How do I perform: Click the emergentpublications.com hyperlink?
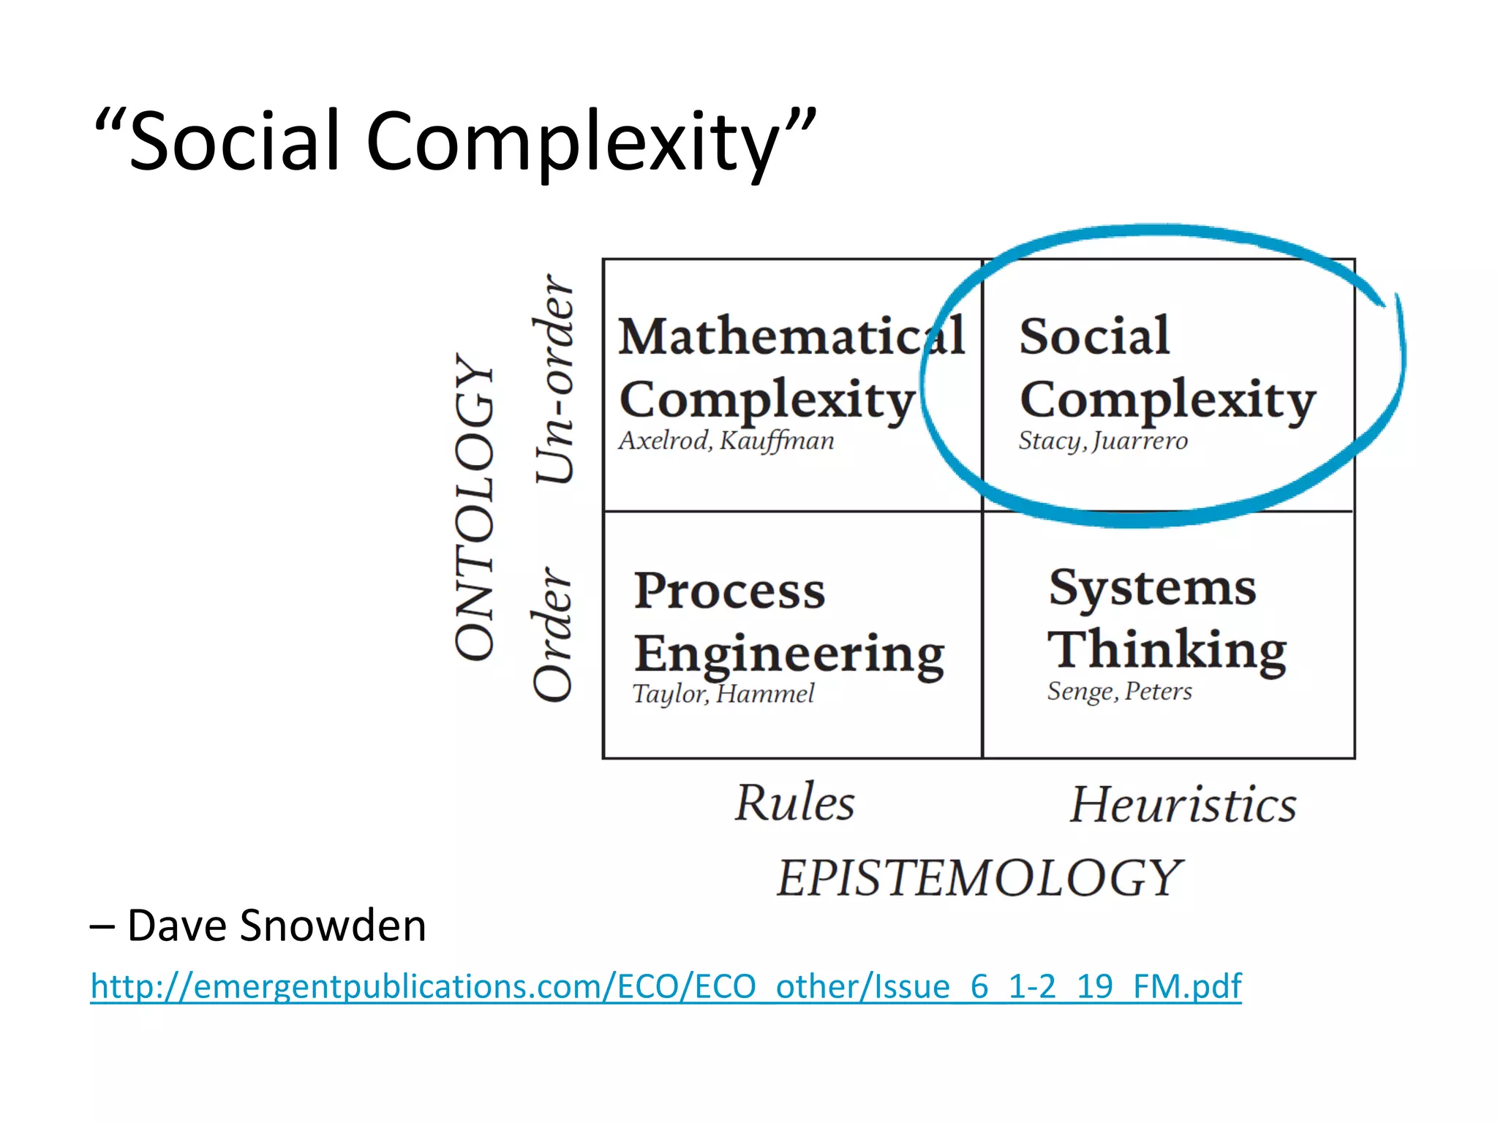point(666,986)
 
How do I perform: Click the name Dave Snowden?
point(276,926)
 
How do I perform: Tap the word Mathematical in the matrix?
point(791,337)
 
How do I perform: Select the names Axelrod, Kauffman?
point(726,441)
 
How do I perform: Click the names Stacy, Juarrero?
point(1103,441)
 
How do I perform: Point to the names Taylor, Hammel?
point(723,694)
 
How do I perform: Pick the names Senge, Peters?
point(1119,692)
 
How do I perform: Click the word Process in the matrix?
point(729,591)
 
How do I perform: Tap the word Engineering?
point(789,654)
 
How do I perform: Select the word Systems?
point(1152,589)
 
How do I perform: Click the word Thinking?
point(1167,650)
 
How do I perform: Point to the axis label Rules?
point(794,804)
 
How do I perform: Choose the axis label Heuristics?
point(1183,805)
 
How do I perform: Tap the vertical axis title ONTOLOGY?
point(475,507)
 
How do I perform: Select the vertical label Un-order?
point(554,379)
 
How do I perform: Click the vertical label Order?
point(552,635)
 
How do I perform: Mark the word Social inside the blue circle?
point(1094,337)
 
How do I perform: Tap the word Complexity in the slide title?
point(573,143)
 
